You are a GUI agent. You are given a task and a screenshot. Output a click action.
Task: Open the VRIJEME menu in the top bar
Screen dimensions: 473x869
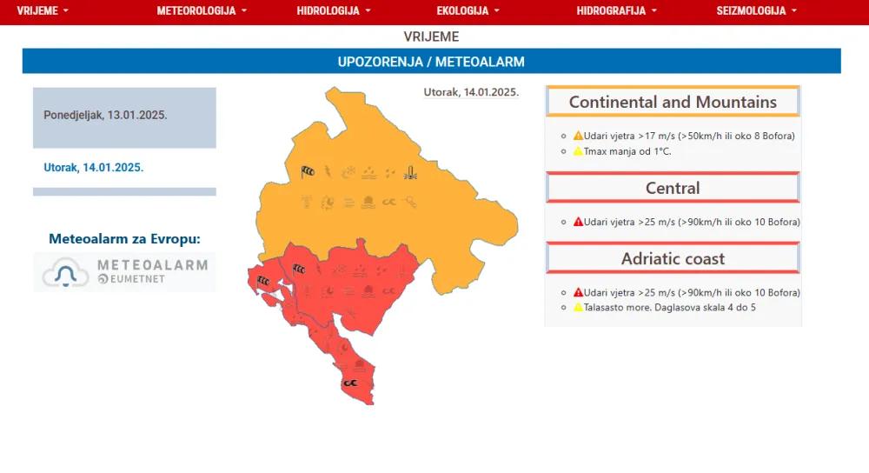tap(42, 11)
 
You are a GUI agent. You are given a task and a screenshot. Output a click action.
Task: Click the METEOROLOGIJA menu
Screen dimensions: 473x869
tap(202, 11)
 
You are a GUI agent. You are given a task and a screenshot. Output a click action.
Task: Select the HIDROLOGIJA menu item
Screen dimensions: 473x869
tap(334, 11)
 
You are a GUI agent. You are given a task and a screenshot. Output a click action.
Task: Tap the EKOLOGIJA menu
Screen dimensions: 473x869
tap(468, 11)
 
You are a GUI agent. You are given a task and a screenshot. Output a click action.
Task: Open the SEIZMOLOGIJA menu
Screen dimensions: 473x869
tap(756, 11)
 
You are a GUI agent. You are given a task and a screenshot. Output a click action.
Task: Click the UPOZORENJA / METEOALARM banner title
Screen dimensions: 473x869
tap(431, 62)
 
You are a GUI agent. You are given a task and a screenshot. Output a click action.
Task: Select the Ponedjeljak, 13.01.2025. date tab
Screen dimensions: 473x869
tap(105, 115)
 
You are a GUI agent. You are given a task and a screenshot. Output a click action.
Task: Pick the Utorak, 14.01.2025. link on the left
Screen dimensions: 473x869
tap(94, 168)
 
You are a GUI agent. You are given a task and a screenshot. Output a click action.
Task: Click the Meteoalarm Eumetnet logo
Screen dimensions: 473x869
tap(124, 272)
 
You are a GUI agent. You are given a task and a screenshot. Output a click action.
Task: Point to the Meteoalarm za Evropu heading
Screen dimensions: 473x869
tap(124, 239)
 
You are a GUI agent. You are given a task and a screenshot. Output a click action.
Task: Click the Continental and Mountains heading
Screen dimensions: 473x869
tap(673, 102)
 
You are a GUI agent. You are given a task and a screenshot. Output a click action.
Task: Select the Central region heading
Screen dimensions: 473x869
tap(673, 188)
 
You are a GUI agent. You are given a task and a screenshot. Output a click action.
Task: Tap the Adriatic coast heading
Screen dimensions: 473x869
tap(673, 258)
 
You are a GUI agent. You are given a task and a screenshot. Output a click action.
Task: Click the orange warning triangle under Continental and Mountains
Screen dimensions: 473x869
tap(578, 136)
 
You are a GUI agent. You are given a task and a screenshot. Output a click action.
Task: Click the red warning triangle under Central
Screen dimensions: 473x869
tap(578, 222)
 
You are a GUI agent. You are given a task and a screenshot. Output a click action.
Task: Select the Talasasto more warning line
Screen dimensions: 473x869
tap(663, 307)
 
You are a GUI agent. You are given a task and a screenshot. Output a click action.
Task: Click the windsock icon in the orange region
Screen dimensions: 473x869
tap(308, 171)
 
